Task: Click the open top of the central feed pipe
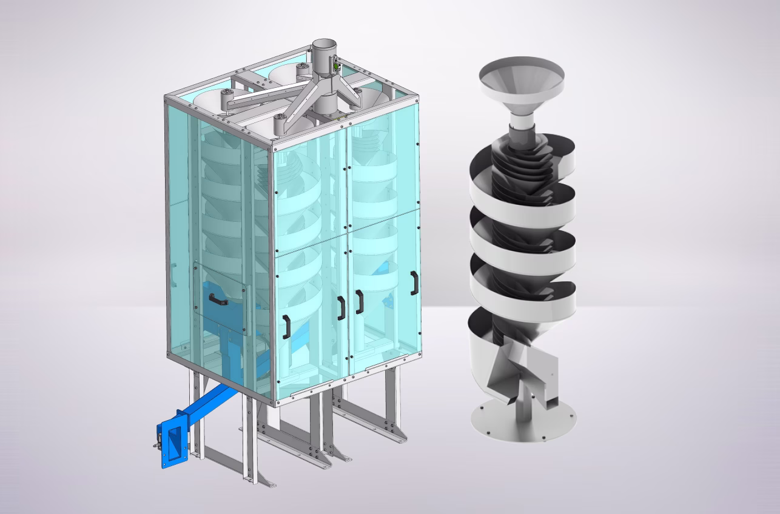tap(324, 45)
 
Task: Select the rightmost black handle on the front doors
tap(414, 283)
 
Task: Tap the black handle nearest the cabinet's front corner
tap(285, 327)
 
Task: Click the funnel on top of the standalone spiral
tap(522, 79)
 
